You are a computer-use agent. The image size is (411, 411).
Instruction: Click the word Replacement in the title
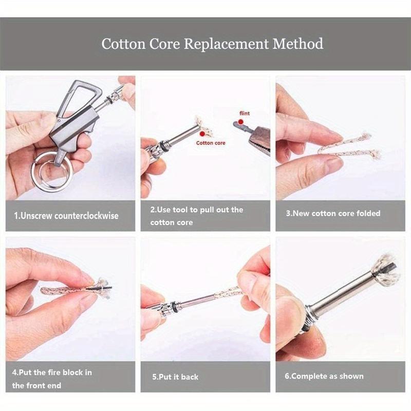pos(227,43)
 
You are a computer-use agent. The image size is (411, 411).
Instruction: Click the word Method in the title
pos(298,43)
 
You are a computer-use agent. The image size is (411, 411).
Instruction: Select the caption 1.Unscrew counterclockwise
pos(66,216)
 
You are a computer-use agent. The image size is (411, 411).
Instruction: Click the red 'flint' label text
pos(245,114)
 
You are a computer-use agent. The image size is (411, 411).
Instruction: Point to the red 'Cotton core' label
pos(211,143)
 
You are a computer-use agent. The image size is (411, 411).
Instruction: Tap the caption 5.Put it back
pos(175,377)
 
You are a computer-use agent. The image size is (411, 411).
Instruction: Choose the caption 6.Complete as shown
pos(324,376)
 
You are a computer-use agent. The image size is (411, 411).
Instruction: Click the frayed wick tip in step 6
pos(385,270)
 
